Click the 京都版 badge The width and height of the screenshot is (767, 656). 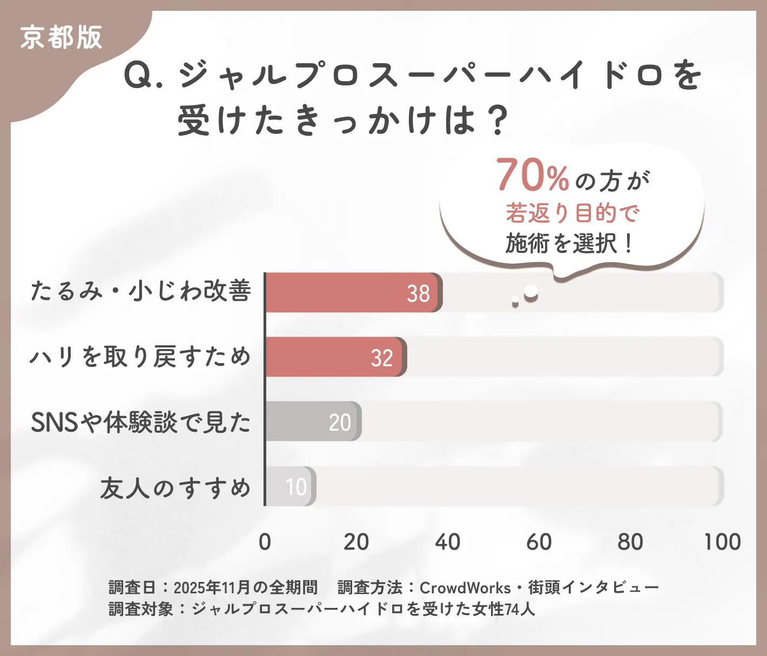61,38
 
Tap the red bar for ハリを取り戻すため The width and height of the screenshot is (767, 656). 335,357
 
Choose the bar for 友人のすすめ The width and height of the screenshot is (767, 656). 291,486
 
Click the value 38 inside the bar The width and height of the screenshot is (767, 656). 418,293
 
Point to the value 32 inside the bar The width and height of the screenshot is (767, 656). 382,358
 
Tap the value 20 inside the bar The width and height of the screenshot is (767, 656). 340,422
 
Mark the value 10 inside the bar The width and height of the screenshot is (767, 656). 296,487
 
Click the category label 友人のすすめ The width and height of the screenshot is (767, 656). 176,487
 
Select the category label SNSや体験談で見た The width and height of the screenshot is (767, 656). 141,422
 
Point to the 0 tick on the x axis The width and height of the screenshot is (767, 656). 265,541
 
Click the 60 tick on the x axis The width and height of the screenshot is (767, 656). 539,541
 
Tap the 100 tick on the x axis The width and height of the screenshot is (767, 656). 722,541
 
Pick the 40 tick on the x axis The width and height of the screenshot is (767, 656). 448,541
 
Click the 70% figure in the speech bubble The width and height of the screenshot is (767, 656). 533,176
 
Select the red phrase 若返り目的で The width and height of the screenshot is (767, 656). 572,213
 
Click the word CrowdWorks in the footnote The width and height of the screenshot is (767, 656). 465,587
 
